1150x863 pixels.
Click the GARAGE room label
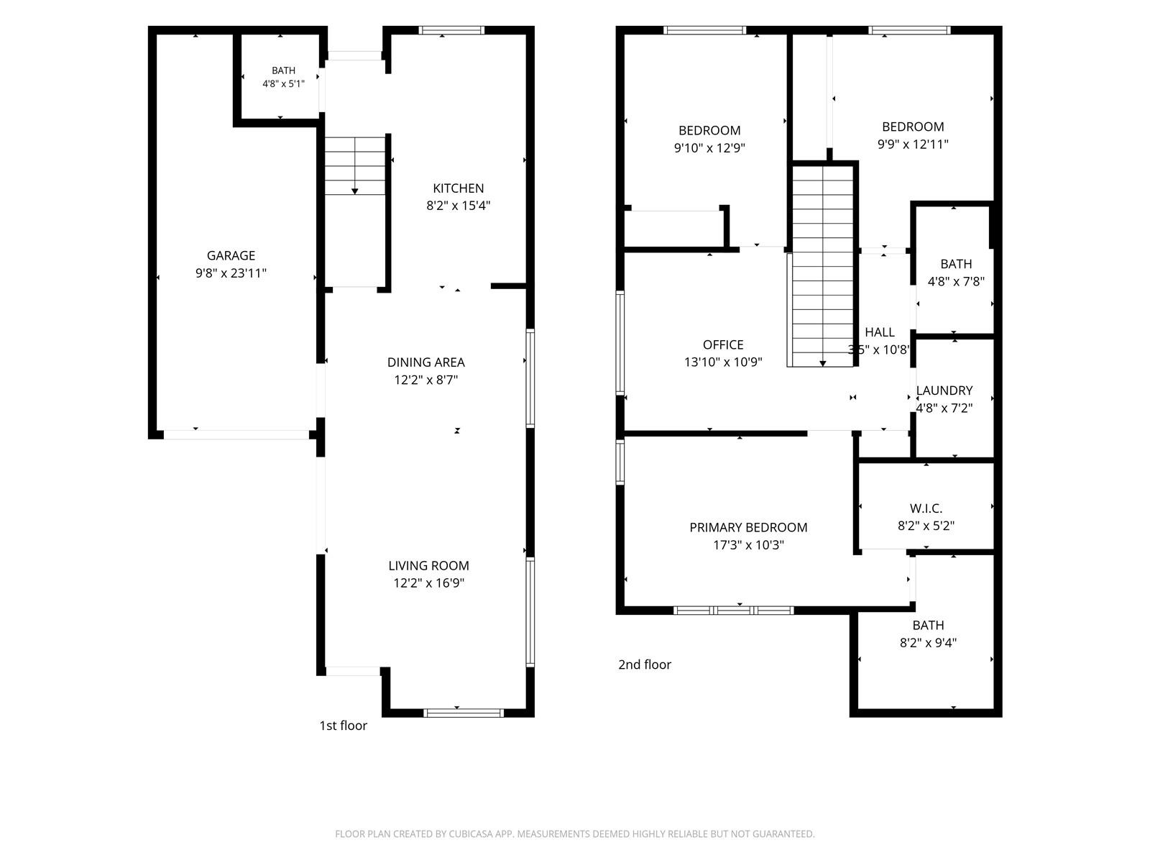(231, 256)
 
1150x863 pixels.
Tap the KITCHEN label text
(458, 188)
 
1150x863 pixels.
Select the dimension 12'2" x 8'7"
(426, 380)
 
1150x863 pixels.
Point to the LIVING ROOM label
(428, 565)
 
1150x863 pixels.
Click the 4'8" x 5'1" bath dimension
(283, 83)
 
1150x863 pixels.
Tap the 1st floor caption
(343, 725)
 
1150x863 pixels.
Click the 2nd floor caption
(645, 665)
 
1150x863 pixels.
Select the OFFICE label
(723, 344)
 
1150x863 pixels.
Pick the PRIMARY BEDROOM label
(748, 528)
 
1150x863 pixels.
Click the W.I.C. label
(926, 508)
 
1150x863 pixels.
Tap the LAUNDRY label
(944, 391)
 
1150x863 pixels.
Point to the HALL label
(880, 332)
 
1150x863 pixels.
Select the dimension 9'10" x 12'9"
(709, 147)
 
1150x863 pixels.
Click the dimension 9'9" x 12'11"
(913, 144)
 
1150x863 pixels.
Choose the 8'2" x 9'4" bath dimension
(928, 642)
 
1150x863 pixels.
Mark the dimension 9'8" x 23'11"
(231, 273)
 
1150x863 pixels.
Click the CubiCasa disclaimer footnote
(575, 834)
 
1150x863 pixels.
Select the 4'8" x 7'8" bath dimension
(956, 281)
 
